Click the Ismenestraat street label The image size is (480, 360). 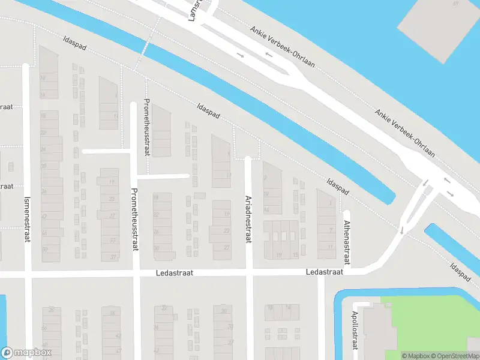(x=26, y=220)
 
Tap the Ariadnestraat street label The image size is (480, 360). (x=248, y=219)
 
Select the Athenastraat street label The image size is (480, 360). (x=346, y=242)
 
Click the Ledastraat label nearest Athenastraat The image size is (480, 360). (x=324, y=272)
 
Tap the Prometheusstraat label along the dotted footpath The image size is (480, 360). (x=147, y=127)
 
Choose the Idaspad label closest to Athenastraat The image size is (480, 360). (x=338, y=186)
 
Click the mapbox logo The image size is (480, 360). (x=26, y=352)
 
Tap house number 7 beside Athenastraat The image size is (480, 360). (x=331, y=230)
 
